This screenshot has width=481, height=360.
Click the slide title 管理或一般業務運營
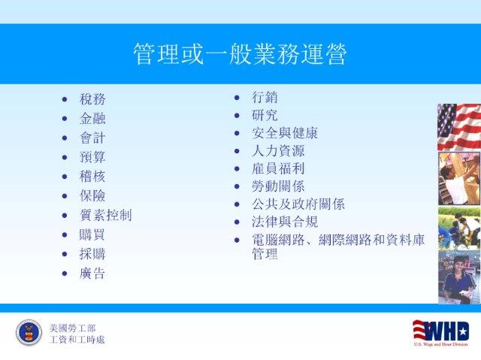point(240,54)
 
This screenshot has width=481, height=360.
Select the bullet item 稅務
point(92,99)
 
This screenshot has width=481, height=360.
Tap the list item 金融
point(92,119)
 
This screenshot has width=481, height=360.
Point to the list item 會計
point(92,138)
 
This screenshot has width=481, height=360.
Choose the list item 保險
point(92,196)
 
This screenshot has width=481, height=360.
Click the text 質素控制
point(106,215)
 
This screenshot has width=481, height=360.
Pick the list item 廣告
point(92,274)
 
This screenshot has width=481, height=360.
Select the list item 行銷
point(265,98)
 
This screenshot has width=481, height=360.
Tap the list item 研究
point(265,115)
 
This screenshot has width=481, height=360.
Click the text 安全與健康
point(285,133)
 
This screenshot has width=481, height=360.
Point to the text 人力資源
point(278,151)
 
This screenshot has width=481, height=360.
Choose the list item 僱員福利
point(278,168)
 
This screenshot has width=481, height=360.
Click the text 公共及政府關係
point(298,204)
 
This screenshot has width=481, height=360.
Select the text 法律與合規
point(285,222)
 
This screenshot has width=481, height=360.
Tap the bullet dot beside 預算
point(65,158)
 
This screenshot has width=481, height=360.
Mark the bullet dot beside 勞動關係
point(237,186)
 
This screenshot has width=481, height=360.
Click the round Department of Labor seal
point(29,332)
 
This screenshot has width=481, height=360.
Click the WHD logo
point(441,333)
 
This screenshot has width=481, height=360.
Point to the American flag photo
point(459,127)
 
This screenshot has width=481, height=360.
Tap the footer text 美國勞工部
point(72,328)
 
